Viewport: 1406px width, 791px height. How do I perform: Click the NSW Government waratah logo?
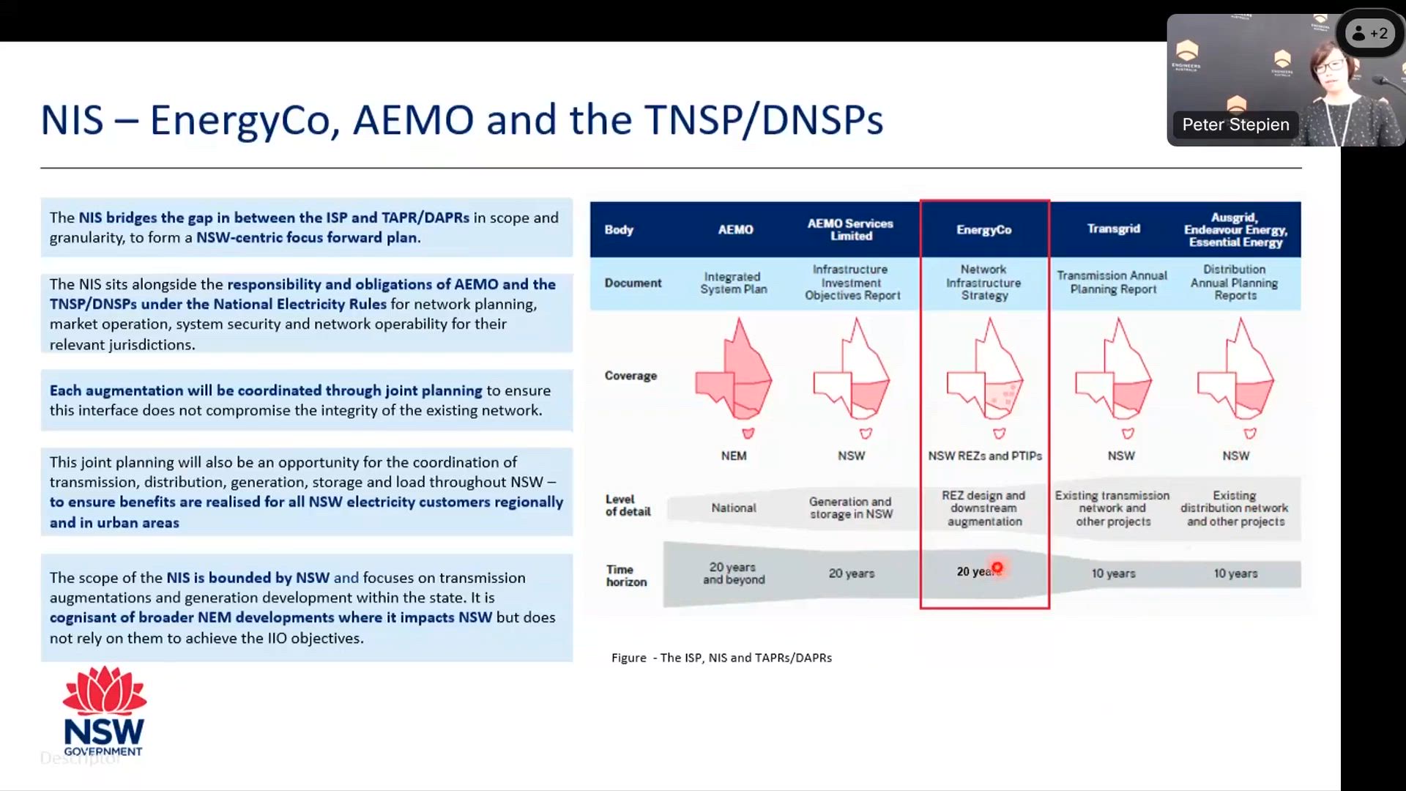click(104, 710)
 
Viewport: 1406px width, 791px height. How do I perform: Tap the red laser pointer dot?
click(997, 568)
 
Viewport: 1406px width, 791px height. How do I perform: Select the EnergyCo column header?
click(983, 230)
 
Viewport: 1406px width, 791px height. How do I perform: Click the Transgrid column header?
click(1113, 229)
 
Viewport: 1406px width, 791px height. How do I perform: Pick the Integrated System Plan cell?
click(734, 283)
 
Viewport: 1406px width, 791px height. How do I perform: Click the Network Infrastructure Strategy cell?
click(983, 283)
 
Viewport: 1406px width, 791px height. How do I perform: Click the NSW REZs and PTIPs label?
click(984, 456)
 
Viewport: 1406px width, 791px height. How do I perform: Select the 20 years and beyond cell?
click(734, 573)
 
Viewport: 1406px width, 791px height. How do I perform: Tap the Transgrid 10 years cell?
click(1113, 573)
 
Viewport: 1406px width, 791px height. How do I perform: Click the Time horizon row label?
click(626, 576)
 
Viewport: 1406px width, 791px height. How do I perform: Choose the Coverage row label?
click(631, 376)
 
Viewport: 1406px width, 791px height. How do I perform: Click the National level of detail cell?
click(734, 508)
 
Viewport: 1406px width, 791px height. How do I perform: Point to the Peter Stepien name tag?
click(1235, 125)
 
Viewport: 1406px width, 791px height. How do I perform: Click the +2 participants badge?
click(1369, 34)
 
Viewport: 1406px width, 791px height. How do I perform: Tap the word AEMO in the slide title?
click(413, 120)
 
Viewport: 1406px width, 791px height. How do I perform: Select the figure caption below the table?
click(721, 658)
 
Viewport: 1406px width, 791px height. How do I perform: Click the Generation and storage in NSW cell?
click(851, 508)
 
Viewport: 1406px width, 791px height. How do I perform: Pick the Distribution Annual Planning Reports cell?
click(1235, 283)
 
